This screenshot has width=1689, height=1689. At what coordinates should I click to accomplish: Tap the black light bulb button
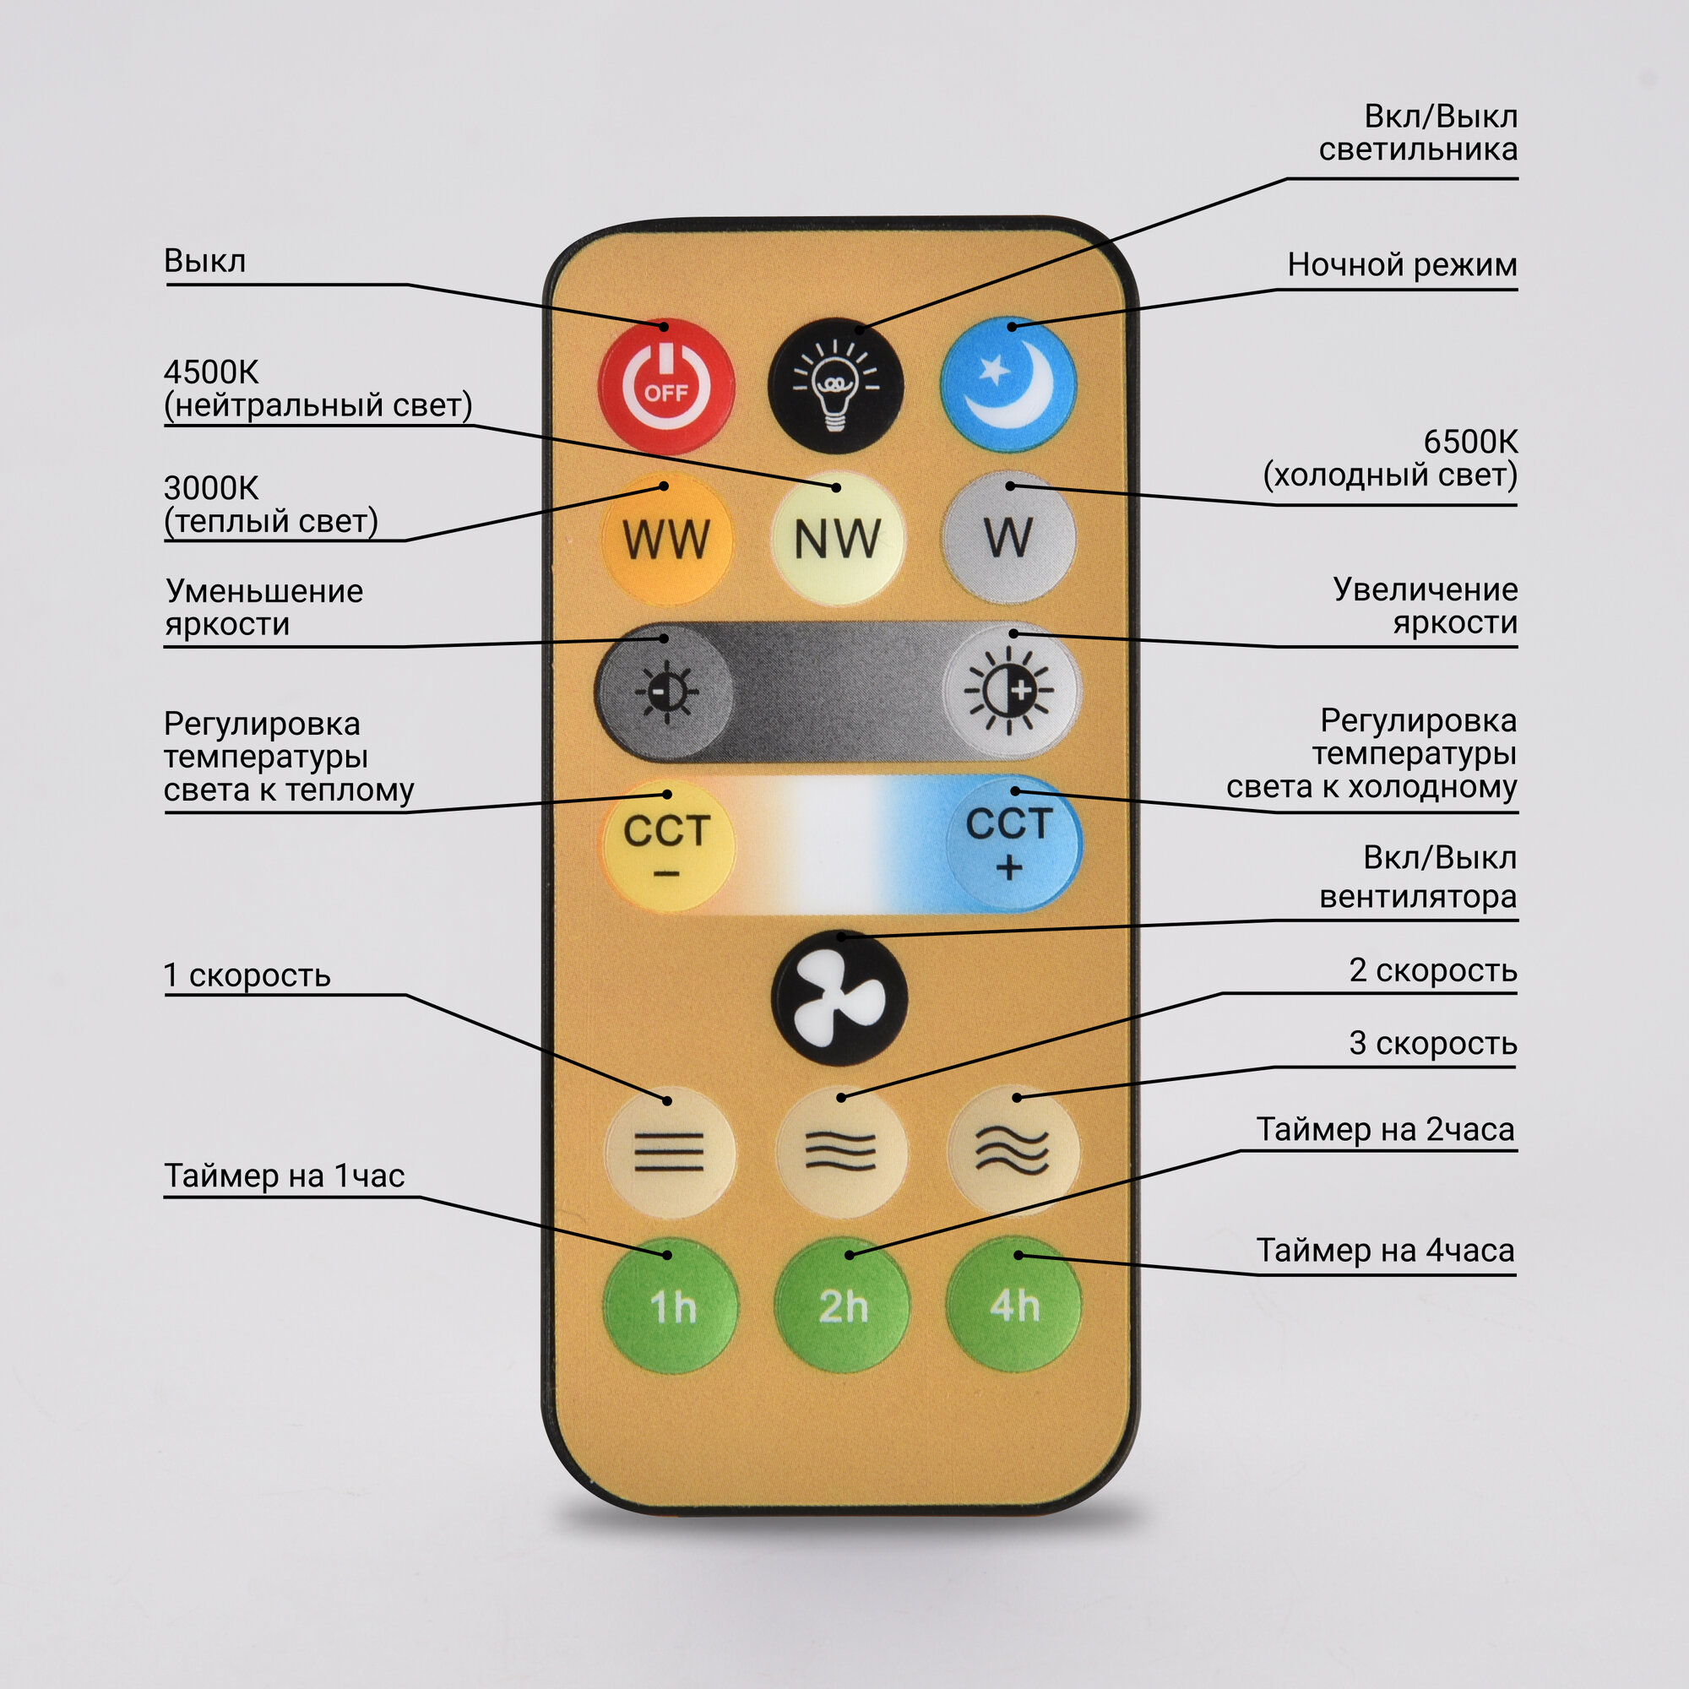(836, 386)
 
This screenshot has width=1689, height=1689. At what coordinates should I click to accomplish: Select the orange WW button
(666, 539)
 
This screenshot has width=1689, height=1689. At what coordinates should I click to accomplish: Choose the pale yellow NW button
(837, 539)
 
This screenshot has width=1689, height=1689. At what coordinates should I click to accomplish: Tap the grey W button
(1008, 537)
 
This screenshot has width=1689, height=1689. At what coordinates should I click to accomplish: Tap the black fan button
(839, 998)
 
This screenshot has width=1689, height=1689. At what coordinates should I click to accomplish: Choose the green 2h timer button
(842, 1306)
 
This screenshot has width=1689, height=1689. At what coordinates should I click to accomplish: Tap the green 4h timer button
(1014, 1305)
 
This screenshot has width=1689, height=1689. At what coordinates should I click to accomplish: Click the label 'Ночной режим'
(1401, 265)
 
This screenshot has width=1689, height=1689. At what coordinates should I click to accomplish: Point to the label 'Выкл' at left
(204, 260)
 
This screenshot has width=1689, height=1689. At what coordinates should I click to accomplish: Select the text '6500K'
(1470, 443)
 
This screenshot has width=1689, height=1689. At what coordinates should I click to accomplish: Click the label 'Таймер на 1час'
(284, 1176)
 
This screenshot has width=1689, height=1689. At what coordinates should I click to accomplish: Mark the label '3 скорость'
(1432, 1043)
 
